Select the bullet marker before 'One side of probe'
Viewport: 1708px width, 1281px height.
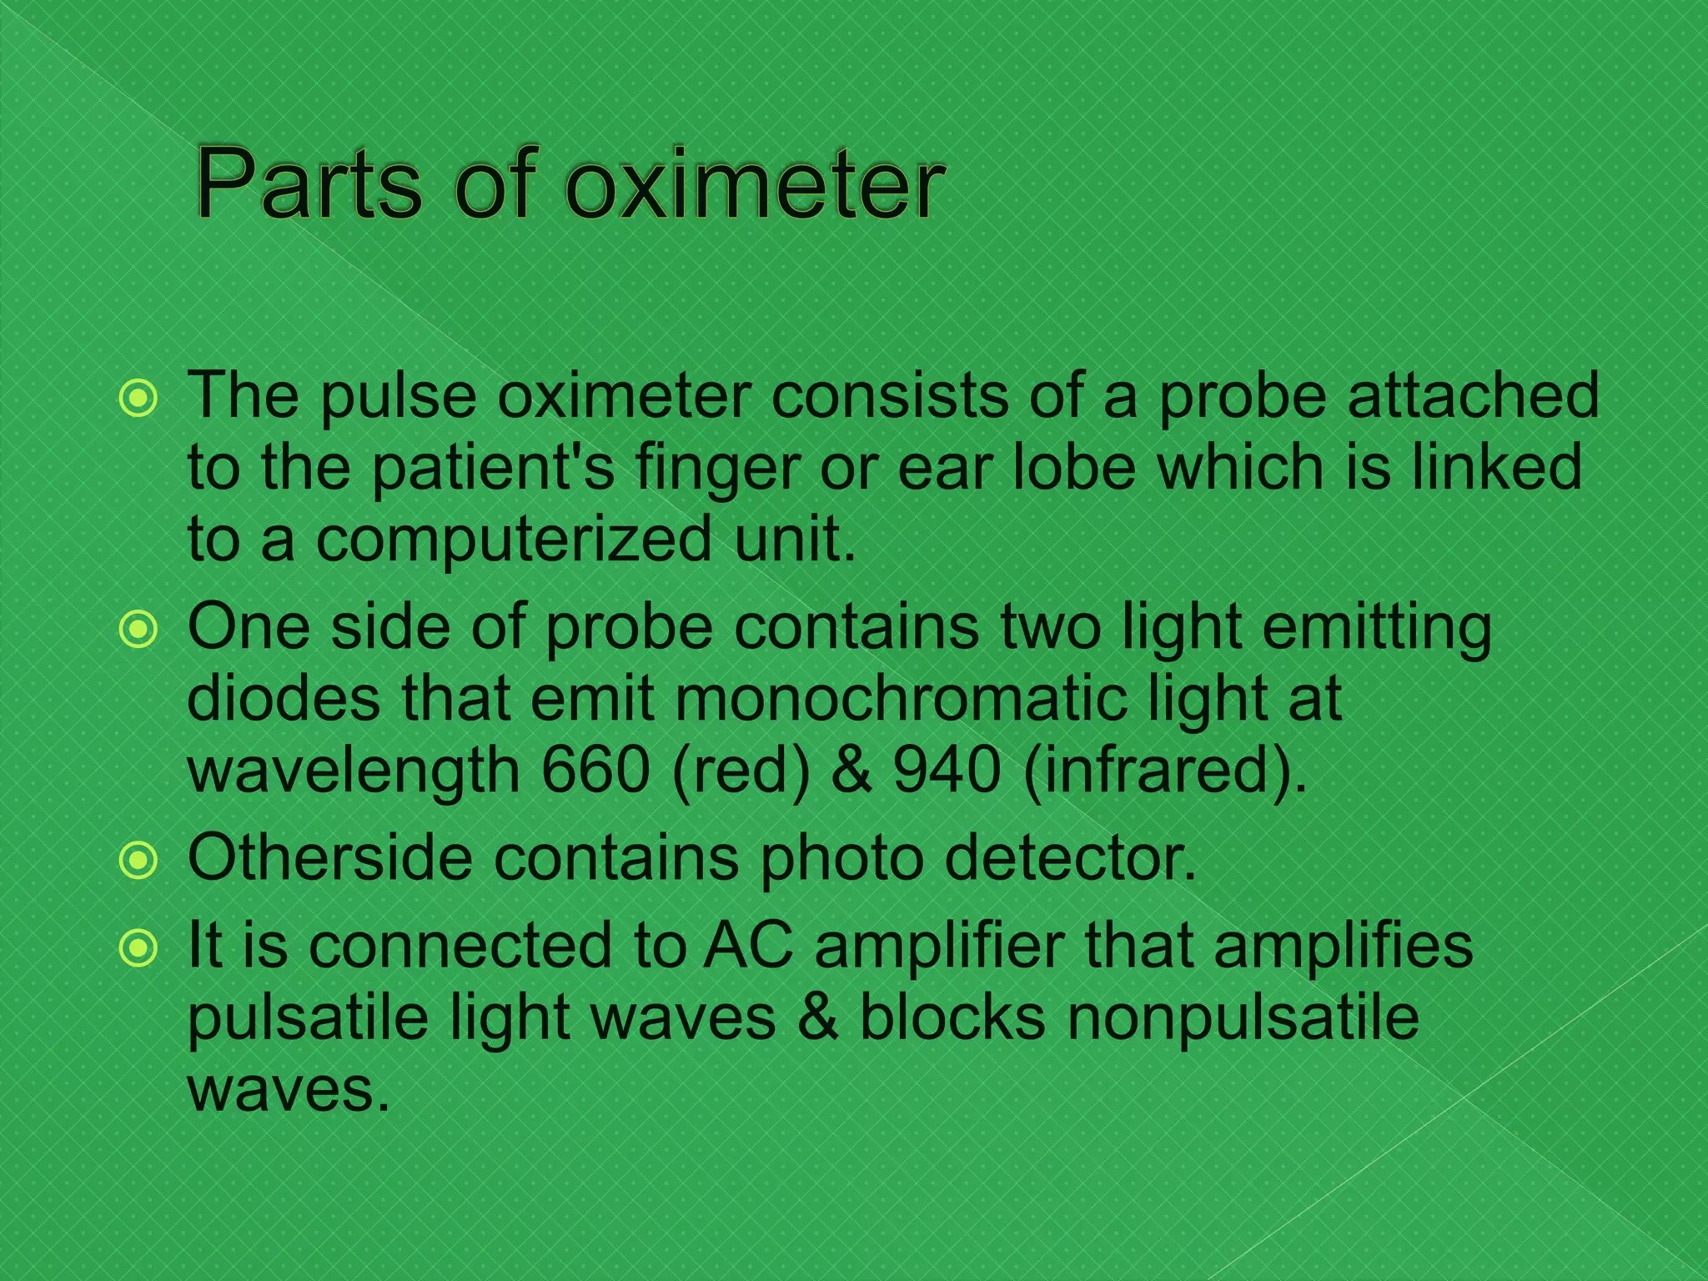click(138, 630)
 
